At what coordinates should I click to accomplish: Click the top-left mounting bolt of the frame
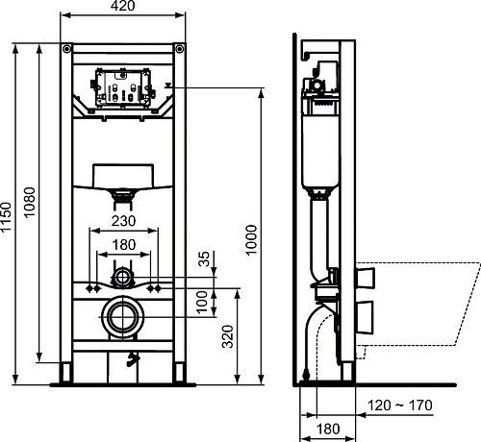pyautogui.click(x=64, y=49)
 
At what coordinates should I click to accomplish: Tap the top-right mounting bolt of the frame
pyautogui.click(x=177, y=49)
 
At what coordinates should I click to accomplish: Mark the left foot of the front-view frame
pyautogui.click(x=65, y=373)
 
